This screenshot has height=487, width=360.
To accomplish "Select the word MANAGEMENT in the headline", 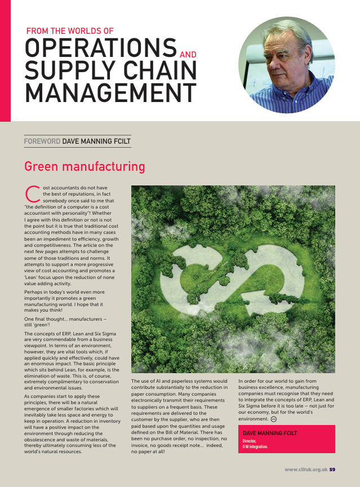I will pyautogui.click(x=110, y=92).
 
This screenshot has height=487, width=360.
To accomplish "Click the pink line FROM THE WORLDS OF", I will pyautogui.click(x=70, y=31).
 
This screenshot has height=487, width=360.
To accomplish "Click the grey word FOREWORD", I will pyautogui.click(x=42, y=141).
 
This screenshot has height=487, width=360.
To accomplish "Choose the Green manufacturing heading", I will pyautogui.click(x=85, y=167).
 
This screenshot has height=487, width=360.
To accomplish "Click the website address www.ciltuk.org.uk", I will pyautogui.click(x=306, y=470).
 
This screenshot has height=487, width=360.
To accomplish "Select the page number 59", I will pyautogui.click(x=332, y=470).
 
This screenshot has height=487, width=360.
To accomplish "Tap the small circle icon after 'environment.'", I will pyautogui.click(x=273, y=419).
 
